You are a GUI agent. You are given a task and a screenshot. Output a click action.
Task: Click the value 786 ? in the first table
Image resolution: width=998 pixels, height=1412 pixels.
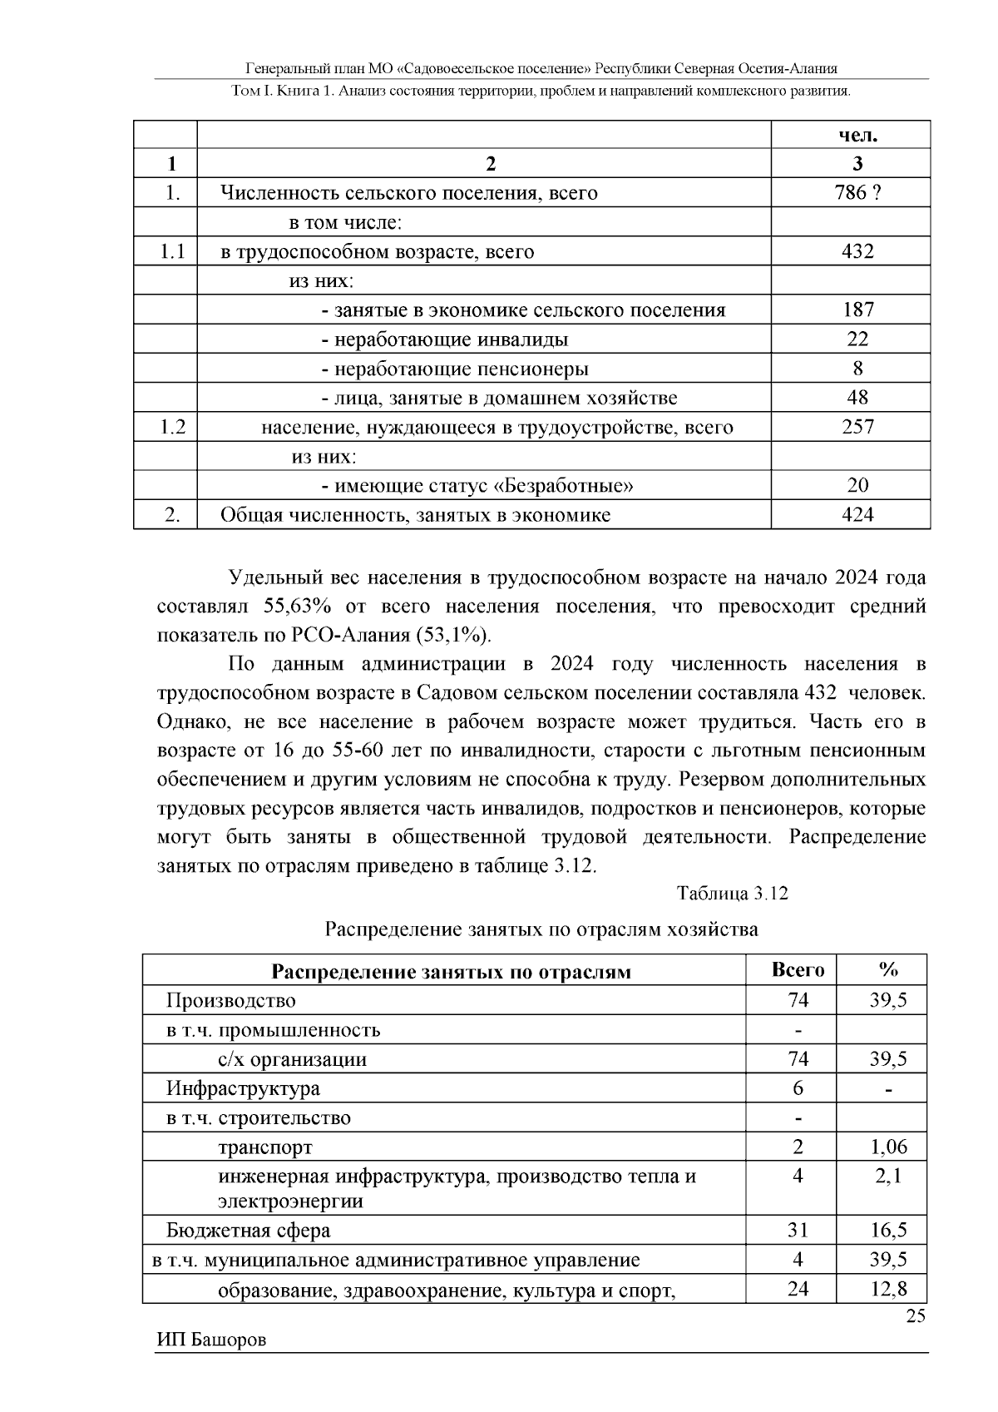[x=857, y=193]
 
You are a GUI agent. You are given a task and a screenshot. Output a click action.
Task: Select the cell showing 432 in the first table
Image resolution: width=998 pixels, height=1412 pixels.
[x=857, y=251]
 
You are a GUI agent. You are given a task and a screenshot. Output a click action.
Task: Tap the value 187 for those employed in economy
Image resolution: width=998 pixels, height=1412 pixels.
[x=857, y=310]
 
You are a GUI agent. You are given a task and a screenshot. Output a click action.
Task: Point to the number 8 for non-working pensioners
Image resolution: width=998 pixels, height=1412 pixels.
[x=857, y=369]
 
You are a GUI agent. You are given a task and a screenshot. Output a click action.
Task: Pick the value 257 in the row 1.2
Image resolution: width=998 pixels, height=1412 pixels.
[x=857, y=427]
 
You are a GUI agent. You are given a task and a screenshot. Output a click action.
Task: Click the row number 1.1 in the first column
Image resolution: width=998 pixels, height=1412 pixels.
[x=172, y=251]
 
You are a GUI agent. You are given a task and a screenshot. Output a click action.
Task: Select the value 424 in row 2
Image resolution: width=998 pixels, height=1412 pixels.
[x=857, y=514]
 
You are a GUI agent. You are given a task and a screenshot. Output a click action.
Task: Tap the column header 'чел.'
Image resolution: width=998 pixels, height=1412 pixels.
[x=857, y=136]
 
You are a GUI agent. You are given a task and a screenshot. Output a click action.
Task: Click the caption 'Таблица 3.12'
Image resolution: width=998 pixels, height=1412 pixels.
[x=732, y=894]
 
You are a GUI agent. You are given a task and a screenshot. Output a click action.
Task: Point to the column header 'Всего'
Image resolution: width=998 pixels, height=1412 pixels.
[x=798, y=970]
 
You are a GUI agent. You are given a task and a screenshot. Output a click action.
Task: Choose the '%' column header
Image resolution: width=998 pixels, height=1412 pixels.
[x=888, y=970]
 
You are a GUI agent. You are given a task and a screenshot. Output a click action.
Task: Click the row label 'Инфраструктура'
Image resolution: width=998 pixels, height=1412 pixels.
[x=243, y=1088]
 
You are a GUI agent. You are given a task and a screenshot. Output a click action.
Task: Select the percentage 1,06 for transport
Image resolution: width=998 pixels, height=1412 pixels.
[x=888, y=1147]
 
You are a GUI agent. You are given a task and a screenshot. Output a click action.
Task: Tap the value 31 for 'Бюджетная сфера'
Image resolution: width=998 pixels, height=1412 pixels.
[x=798, y=1230]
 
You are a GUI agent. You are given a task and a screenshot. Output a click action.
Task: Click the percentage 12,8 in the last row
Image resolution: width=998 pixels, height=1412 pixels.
[x=888, y=1290]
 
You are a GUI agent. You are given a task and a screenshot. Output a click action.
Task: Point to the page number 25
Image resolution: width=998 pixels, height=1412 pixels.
[x=915, y=1316]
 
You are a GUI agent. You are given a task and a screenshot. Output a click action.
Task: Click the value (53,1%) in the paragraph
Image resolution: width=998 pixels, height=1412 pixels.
[x=454, y=636]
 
